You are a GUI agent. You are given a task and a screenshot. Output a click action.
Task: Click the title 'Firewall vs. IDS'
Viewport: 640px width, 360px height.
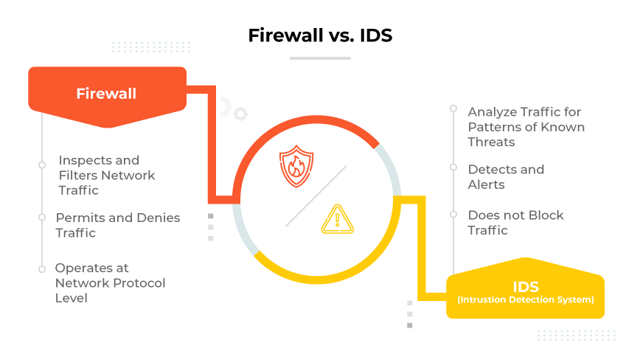[x=319, y=35]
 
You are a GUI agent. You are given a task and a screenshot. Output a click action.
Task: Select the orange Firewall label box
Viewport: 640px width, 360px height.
[x=106, y=94]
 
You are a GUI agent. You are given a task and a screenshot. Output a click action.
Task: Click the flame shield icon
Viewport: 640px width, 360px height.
[x=296, y=167]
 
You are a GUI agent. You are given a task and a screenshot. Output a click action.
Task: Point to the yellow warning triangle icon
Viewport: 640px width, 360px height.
[x=338, y=219]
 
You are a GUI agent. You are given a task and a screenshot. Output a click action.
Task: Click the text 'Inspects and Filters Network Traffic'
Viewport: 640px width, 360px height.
[x=106, y=175]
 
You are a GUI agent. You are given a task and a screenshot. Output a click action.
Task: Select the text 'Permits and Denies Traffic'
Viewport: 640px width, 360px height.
[x=117, y=225]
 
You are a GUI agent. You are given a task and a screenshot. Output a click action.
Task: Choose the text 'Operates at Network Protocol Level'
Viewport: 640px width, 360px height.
[x=110, y=283]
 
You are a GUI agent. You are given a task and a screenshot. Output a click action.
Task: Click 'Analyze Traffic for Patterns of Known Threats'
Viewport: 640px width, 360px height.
[x=526, y=127]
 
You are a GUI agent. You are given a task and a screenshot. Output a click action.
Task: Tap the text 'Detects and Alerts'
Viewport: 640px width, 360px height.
[x=506, y=176]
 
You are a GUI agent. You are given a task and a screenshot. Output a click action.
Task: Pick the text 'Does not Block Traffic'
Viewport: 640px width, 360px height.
[x=515, y=222]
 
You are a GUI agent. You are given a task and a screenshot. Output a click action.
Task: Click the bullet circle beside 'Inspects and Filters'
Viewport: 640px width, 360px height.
[x=42, y=165]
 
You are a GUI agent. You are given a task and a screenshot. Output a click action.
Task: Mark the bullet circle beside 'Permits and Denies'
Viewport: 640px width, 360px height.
[x=42, y=217]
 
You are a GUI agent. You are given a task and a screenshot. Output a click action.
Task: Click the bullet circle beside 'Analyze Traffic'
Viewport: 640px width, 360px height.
[x=453, y=109]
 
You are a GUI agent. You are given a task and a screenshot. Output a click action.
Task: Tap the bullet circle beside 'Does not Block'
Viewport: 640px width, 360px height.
[x=453, y=215]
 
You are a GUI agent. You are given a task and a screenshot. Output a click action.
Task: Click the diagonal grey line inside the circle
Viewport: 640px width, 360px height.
[x=316, y=195]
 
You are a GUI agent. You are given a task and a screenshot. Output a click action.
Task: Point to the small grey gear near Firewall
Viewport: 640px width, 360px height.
[x=240, y=114]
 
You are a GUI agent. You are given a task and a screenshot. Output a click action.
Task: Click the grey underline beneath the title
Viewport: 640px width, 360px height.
[x=319, y=58]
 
